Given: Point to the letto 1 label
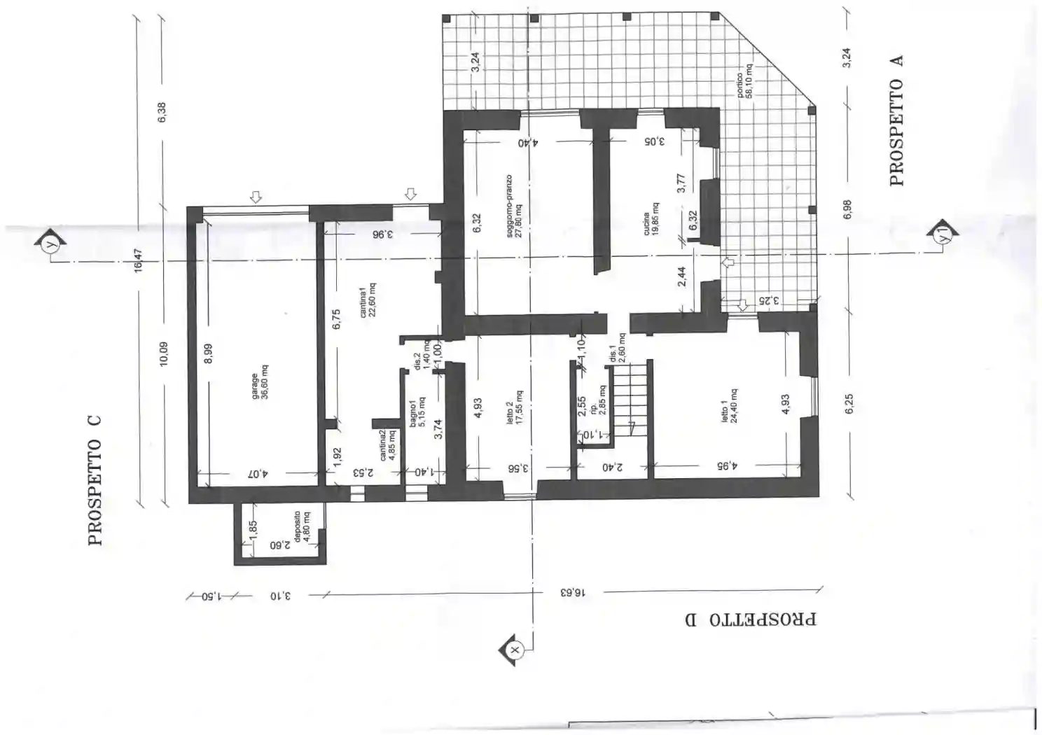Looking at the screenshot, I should pos(729,407).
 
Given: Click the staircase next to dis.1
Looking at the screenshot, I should pos(631,400).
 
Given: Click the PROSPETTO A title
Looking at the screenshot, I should pos(896,120).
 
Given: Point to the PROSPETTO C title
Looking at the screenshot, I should pos(95,480).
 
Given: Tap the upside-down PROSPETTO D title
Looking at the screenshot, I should pos(750,619).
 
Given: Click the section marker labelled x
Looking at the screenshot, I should pos(514,650).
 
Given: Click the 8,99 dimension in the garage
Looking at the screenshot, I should pos(207,353).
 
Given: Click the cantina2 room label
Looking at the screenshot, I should pos(387,445).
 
